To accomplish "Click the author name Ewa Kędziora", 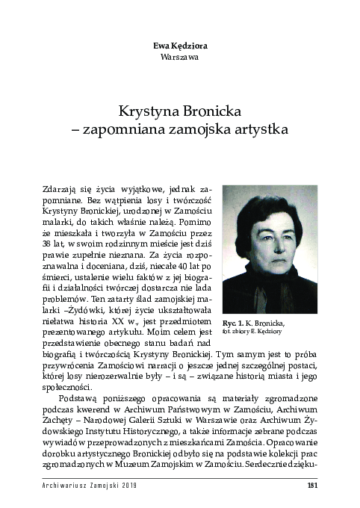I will coord(179,45).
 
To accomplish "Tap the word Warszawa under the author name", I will coord(179,56).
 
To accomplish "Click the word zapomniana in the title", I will coord(145,128).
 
